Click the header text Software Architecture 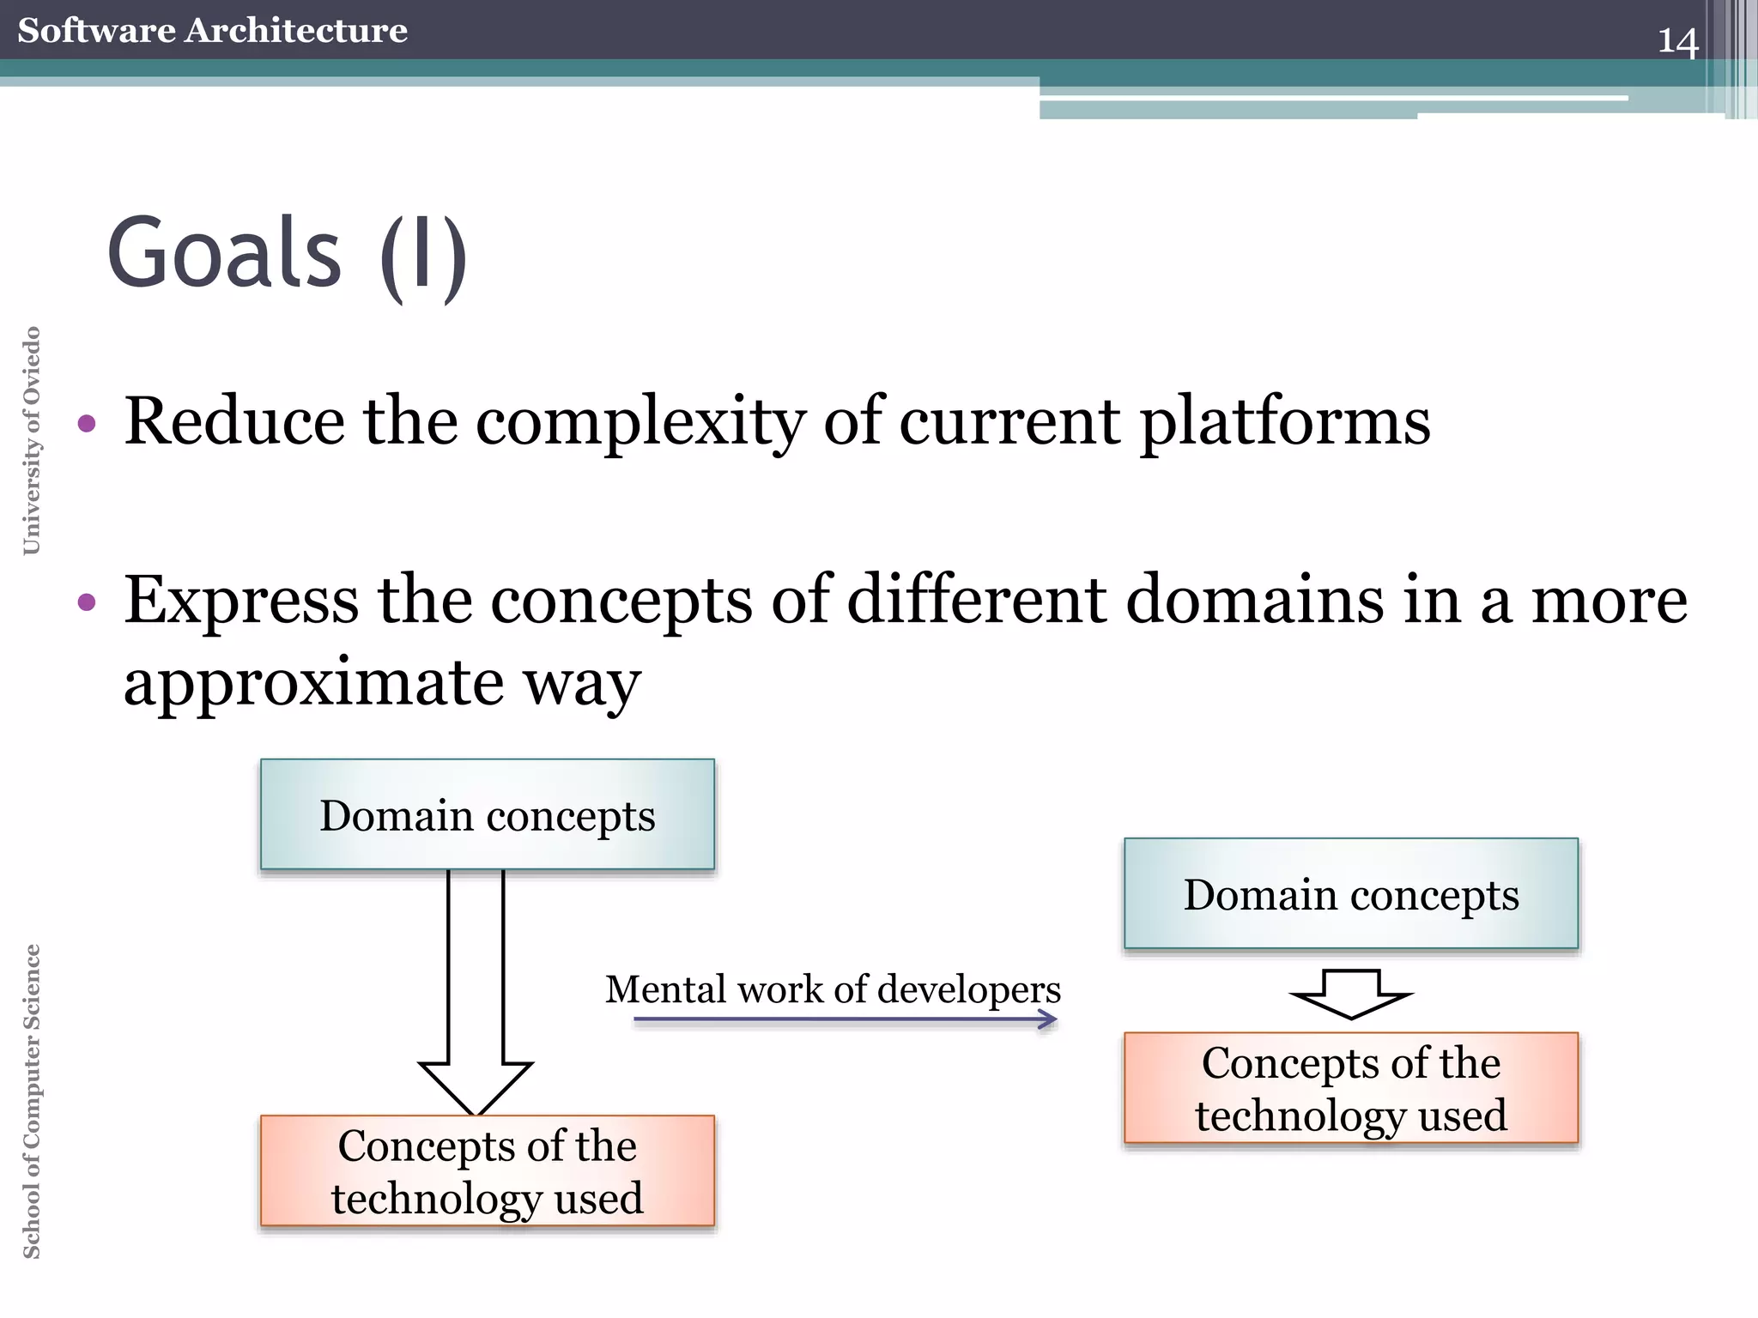click(x=212, y=30)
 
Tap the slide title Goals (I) click(x=287, y=255)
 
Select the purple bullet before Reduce click(x=87, y=423)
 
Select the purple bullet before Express click(x=87, y=602)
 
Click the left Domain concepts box click(x=487, y=814)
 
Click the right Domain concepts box click(x=1350, y=893)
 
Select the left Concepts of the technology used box click(x=487, y=1170)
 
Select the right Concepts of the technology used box click(x=1350, y=1088)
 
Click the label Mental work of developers click(x=833, y=988)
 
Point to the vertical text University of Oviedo click(x=32, y=440)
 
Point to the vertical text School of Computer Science click(x=32, y=1101)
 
